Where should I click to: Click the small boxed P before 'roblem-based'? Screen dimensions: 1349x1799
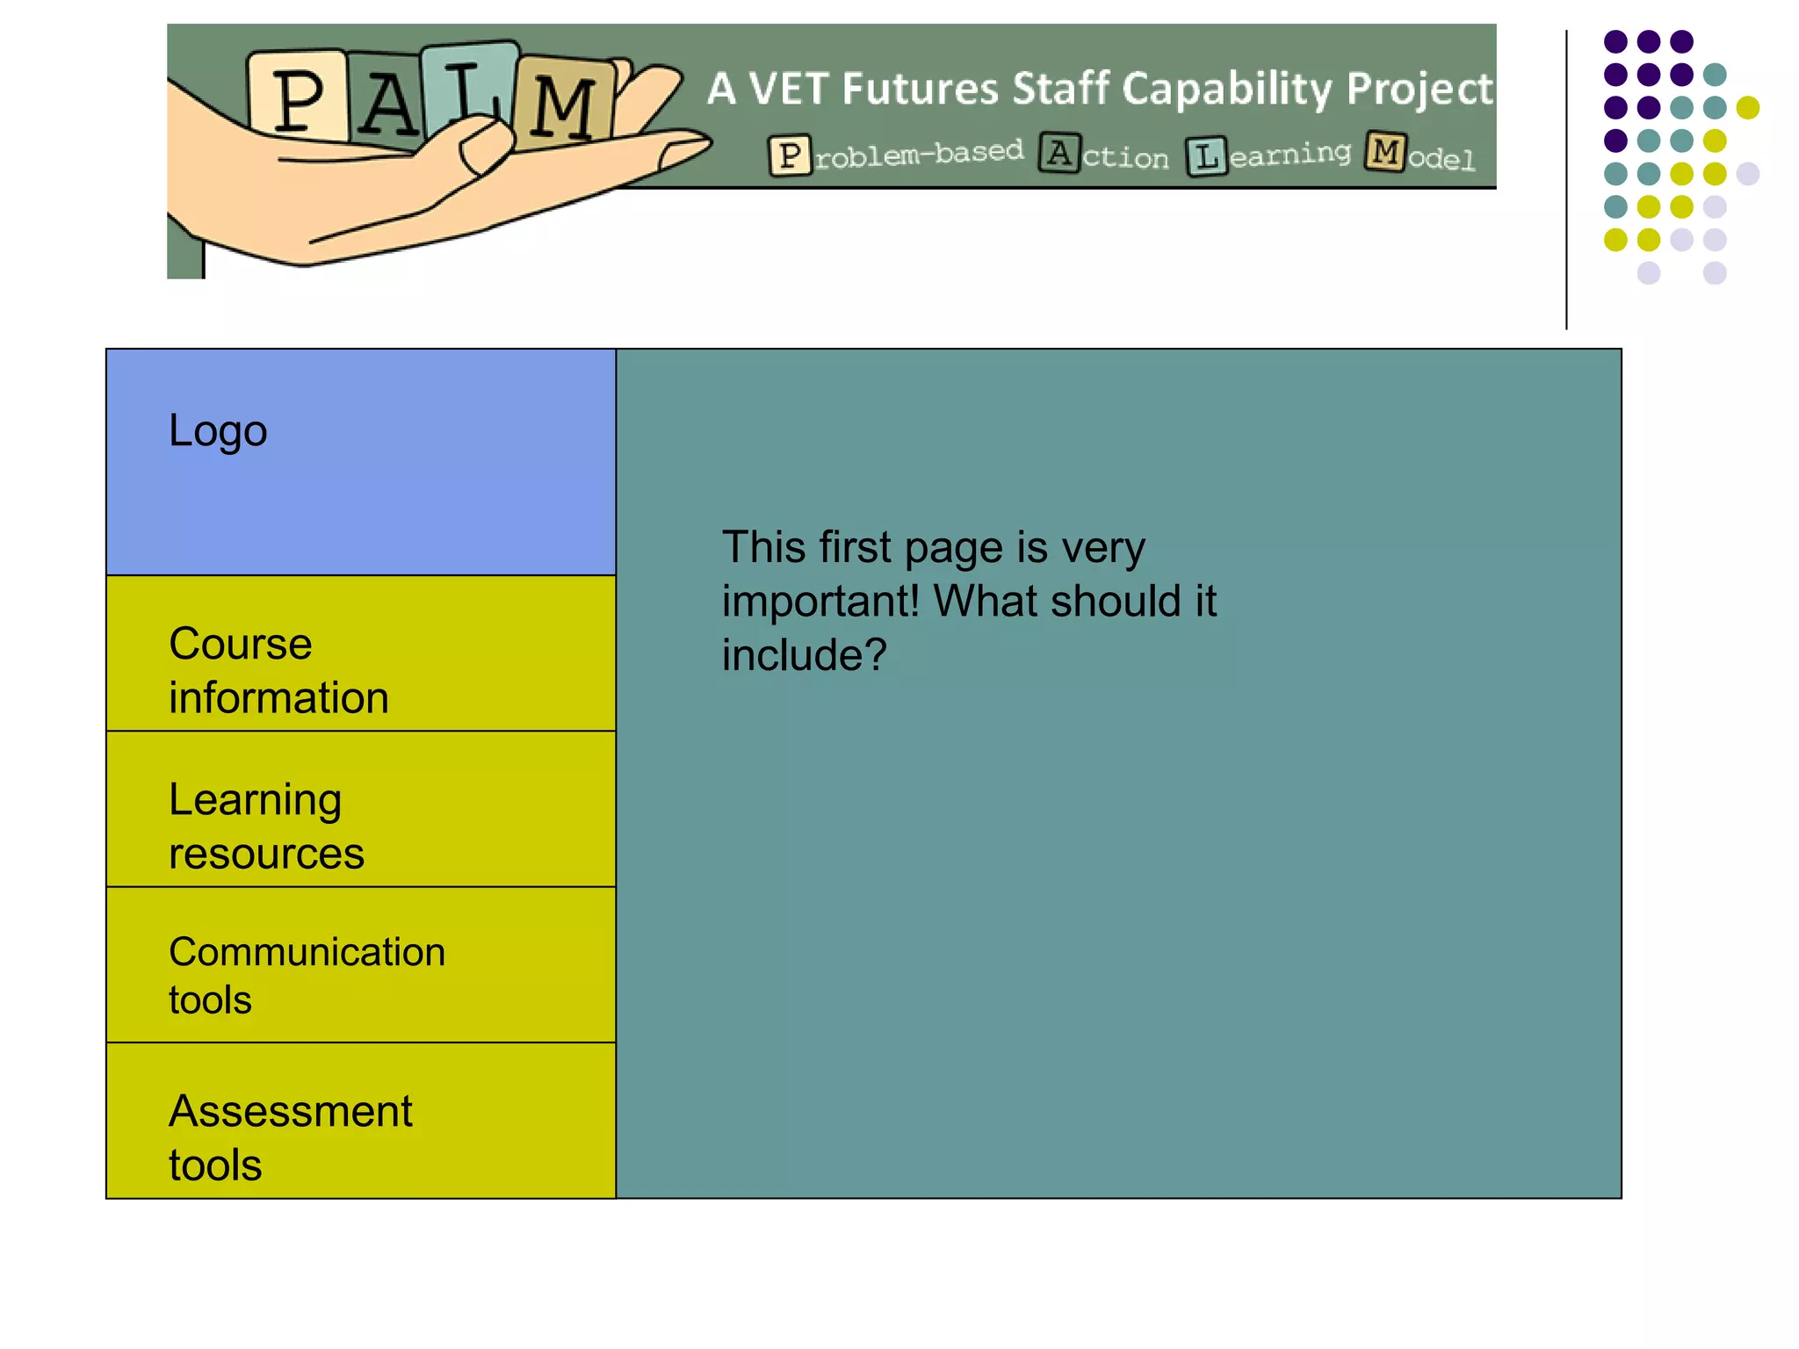[x=789, y=156]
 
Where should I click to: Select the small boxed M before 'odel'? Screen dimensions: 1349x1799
[x=1385, y=152]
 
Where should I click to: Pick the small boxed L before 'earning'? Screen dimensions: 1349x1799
[x=1206, y=157]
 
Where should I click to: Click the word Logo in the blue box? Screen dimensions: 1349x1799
[x=218, y=431]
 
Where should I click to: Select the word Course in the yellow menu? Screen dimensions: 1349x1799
[x=241, y=644]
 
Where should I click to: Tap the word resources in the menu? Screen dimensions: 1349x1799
[x=266, y=854]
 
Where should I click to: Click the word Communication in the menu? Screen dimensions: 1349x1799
[x=307, y=952]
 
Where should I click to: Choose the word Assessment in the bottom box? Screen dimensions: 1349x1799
[x=291, y=1111]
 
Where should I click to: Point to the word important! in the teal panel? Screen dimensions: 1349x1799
[x=820, y=602]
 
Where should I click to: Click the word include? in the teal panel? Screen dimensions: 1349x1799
[x=805, y=655]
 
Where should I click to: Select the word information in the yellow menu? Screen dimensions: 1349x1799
[x=278, y=698]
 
